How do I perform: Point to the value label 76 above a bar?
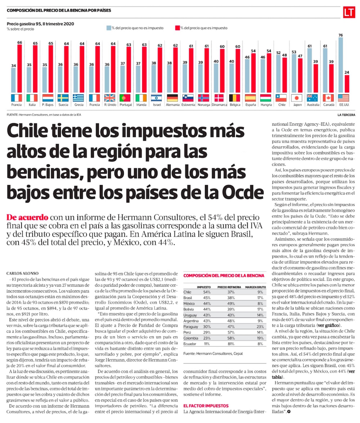pos(341,35)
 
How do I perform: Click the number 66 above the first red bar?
pos(20,42)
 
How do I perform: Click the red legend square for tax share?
pos(177,28)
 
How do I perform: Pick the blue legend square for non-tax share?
pos(108,28)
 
